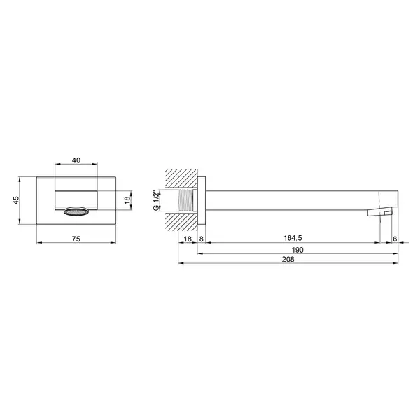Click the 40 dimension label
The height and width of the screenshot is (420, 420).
(76, 160)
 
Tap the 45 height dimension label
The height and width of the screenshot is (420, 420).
(16, 200)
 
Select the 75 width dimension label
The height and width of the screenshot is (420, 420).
(76, 239)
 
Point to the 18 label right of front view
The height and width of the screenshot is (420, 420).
(127, 199)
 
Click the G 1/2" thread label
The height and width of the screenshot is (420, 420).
(155, 200)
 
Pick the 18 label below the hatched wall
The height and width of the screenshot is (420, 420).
(188, 239)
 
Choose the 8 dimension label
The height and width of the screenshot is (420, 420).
(202, 239)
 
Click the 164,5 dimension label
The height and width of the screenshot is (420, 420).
(293, 238)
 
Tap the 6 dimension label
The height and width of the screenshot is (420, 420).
(395, 239)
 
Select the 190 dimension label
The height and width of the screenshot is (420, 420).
(297, 250)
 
